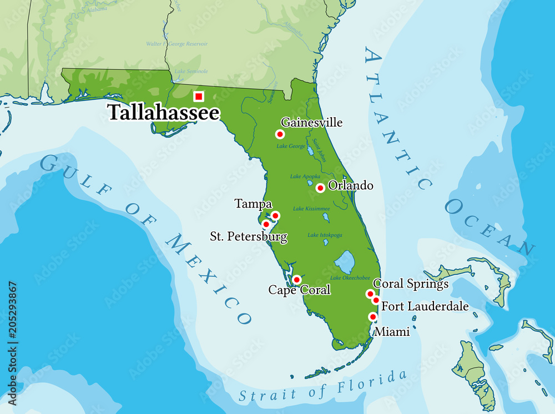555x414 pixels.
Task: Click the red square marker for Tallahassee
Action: point(199,96)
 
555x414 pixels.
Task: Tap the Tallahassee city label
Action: point(164,113)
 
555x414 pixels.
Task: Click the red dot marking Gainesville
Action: point(280,134)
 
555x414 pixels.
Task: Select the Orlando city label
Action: point(351,185)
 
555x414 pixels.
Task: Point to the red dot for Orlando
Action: point(320,188)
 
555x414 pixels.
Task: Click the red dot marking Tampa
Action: point(275,215)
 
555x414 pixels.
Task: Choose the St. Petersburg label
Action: point(249,237)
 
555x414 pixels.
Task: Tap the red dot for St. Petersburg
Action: point(266,224)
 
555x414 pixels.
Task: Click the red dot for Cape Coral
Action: point(297,279)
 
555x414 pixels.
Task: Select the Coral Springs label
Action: point(411,284)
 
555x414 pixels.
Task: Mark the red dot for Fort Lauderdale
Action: point(376,300)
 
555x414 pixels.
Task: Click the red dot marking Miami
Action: point(373,317)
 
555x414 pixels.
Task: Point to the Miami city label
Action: point(392,332)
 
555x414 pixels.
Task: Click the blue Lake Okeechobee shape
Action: point(345,261)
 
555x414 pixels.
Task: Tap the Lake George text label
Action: point(291,147)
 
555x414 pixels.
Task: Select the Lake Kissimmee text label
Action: point(311,209)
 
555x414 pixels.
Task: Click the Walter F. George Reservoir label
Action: point(176,44)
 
